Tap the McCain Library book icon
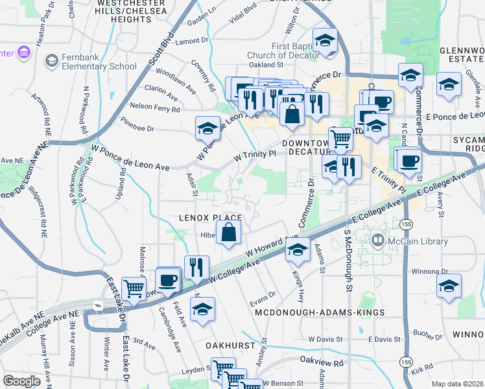(x=379, y=241)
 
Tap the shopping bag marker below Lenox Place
(x=229, y=233)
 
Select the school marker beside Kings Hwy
(x=298, y=250)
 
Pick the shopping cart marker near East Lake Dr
(x=134, y=288)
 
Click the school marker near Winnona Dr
(x=449, y=286)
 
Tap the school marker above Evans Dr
(x=204, y=309)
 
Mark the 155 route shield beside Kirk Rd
(x=406, y=361)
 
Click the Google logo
(x=22, y=381)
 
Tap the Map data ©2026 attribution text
(x=457, y=384)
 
